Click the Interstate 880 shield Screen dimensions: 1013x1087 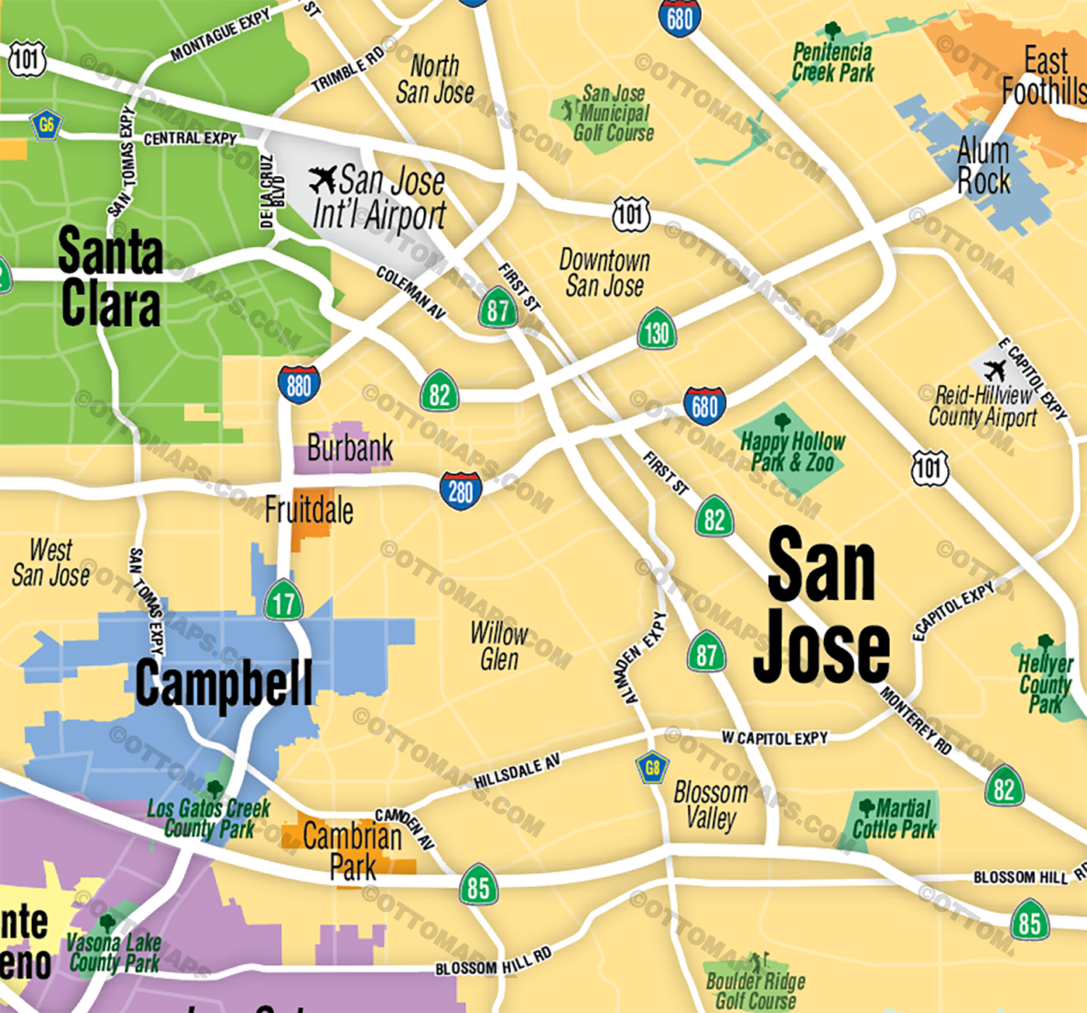tap(299, 384)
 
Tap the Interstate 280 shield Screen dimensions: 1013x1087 tap(460, 491)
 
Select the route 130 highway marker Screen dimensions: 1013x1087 tap(657, 331)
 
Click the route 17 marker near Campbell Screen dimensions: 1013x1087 tap(283, 602)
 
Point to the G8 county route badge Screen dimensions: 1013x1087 tap(652, 768)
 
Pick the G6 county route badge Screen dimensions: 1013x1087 tap(47, 124)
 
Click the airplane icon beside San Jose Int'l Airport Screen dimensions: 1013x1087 tap(322, 180)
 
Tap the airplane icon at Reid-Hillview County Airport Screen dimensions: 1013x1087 tap(994, 369)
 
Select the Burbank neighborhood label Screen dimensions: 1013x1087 tap(349, 449)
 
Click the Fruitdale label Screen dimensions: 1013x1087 tap(309, 511)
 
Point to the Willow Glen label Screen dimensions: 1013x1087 tap(499, 646)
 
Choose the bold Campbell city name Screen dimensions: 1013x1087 tap(224, 683)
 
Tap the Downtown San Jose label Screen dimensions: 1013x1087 tap(604, 272)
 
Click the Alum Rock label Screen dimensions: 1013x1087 tap(984, 166)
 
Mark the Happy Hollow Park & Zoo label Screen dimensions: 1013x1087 tap(792, 452)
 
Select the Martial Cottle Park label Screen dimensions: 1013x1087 tap(894, 819)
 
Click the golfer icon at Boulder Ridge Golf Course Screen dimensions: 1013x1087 tap(755, 963)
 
